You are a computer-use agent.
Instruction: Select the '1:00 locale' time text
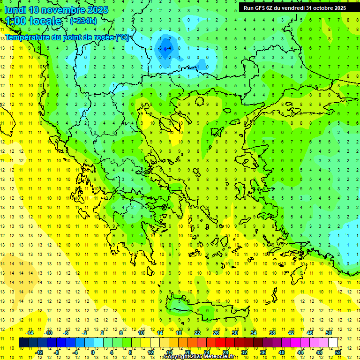point(33,21)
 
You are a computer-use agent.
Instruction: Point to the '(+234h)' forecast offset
point(83,21)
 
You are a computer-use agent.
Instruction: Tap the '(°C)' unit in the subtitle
point(122,37)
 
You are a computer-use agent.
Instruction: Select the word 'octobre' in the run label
point(323,7)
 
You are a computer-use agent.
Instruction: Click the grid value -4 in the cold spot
point(170,48)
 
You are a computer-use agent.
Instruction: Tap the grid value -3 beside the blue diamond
point(160,48)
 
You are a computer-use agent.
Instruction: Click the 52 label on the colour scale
point(338,352)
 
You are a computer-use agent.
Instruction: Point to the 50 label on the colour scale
point(328,333)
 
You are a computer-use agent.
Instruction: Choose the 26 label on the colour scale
point(216,333)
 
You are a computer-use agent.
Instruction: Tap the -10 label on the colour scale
point(48,333)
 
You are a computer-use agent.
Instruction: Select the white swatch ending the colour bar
point(333,343)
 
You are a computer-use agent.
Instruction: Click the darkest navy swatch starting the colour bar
point(23,343)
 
